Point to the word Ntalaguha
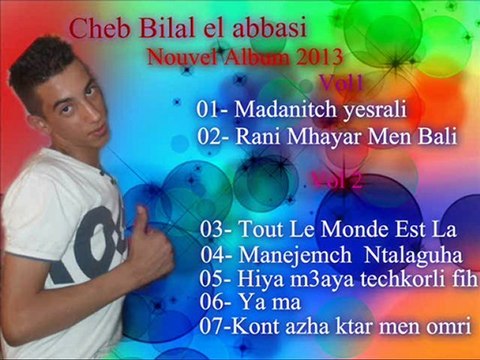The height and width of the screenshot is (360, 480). pos(409,256)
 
